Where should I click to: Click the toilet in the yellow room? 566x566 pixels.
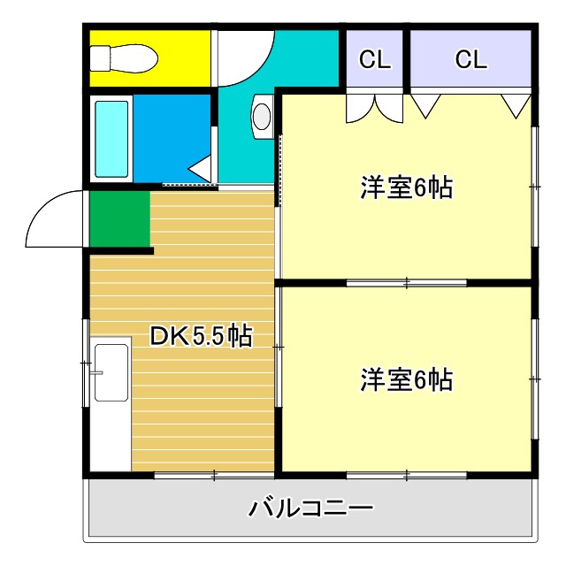click(x=124, y=57)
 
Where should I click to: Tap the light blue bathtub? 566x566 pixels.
click(x=112, y=139)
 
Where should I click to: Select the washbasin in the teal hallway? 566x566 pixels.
click(x=262, y=117)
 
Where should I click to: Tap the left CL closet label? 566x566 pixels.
click(x=374, y=59)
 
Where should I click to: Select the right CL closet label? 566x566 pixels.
click(x=470, y=59)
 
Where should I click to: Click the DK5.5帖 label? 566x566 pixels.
click(x=201, y=336)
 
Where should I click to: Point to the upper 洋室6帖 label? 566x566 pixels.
click(x=406, y=188)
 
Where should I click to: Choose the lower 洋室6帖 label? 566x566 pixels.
click(x=406, y=380)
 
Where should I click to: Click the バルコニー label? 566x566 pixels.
click(x=310, y=509)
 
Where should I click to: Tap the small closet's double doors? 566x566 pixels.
click(x=374, y=106)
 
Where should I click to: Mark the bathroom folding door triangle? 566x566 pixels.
click(x=201, y=168)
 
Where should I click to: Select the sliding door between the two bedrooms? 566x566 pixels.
click(x=406, y=283)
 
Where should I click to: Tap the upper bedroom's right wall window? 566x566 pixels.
click(x=534, y=186)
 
